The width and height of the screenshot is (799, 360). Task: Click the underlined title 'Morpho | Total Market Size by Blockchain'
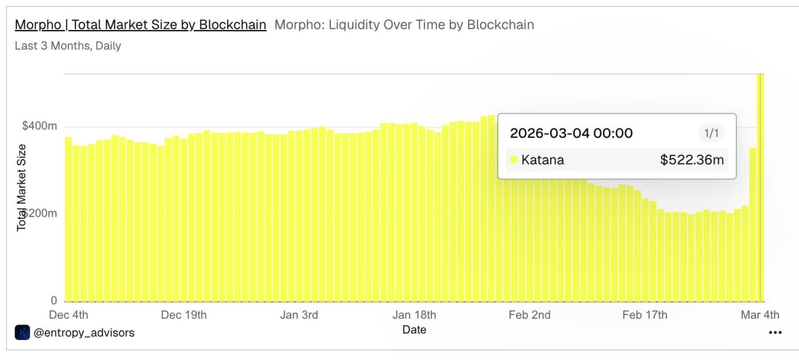[x=140, y=25]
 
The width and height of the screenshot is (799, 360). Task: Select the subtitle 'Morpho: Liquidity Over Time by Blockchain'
[x=404, y=25]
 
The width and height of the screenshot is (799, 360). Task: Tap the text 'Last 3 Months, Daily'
[x=68, y=46]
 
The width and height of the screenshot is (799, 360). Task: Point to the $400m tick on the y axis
[x=40, y=126]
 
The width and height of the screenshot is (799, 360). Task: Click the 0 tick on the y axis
[x=54, y=300]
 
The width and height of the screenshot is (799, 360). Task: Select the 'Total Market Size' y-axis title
[x=22, y=187]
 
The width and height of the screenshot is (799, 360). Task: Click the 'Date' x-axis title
[x=414, y=329]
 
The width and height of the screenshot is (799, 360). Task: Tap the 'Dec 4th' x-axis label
[x=69, y=314]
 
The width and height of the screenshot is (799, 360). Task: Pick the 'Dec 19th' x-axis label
[x=184, y=314]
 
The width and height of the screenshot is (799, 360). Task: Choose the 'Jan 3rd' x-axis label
[x=299, y=314]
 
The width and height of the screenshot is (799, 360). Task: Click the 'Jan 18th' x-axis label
[x=414, y=314]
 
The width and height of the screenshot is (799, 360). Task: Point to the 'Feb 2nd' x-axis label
[x=529, y=314]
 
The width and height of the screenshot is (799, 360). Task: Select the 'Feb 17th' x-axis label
[x=645, y=314]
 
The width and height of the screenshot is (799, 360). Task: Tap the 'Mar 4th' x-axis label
[x=760, y=314]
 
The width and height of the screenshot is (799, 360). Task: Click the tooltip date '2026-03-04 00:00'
[x=571, y=133]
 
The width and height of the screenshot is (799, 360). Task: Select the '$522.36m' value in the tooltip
[x=692, y=160]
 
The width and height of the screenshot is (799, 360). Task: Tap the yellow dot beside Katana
[x=514, y=160]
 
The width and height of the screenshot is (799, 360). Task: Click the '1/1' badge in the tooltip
[x=711, y=133]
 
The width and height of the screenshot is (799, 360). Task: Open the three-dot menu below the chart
[x=775, y=333]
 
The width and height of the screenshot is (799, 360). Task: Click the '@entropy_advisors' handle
[x=84, y=333]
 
